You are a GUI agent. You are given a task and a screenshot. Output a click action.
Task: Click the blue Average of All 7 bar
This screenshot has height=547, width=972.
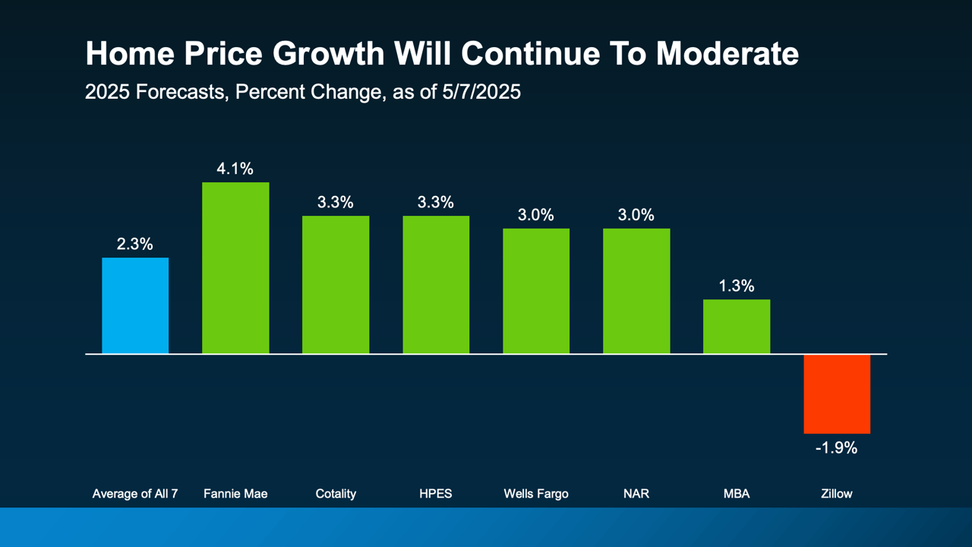click(135, 305)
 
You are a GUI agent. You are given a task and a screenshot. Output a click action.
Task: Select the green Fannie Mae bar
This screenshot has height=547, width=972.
click(235, 267)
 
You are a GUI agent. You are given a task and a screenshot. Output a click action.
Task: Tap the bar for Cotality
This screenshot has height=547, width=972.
click(336, 285)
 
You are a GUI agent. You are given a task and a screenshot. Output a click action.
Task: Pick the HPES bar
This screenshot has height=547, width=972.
click(436, 285)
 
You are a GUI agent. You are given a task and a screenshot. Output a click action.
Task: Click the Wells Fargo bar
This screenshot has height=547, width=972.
click(536, 291)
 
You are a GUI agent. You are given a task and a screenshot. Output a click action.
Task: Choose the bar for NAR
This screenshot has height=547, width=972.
click(636, 291)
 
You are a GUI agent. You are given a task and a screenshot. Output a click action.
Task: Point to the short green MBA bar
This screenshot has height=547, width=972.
click(737, 327)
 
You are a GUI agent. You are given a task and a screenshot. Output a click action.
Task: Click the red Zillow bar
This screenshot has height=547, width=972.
click(837, 394)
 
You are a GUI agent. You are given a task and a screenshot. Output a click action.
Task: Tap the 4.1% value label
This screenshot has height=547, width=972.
click(235, 169)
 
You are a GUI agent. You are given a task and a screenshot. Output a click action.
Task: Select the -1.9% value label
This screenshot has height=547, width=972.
click(836, 448)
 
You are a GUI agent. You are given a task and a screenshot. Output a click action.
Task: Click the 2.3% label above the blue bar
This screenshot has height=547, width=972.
click(135, 245)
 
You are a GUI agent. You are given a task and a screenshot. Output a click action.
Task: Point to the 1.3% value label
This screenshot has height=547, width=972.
click(737, 286)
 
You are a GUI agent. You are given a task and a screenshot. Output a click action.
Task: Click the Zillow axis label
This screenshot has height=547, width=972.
click(837, 494)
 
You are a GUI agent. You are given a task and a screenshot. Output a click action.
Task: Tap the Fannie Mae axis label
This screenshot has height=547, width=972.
click(235, 494)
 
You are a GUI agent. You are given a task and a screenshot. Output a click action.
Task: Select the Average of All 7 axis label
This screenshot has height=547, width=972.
click(135, 494)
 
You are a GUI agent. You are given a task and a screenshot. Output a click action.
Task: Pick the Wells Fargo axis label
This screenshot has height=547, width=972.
click(536, 494)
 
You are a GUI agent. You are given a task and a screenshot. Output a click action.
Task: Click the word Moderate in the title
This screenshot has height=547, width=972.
click(727, 54)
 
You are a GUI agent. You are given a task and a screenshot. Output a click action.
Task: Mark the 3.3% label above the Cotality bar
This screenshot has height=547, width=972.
click(336, 203)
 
